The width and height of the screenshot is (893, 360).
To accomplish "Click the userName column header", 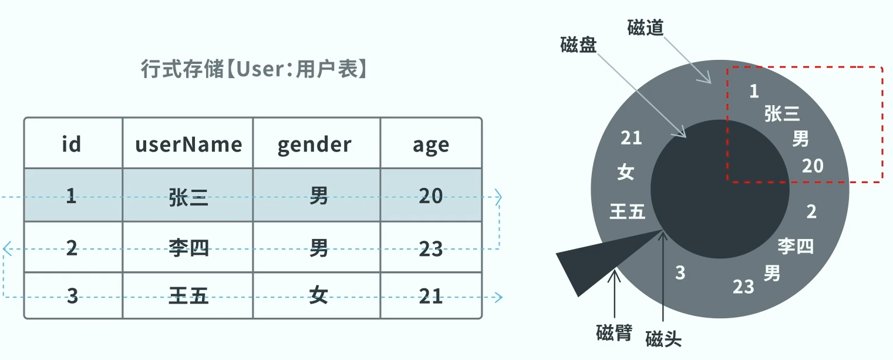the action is click(x=188, y=144).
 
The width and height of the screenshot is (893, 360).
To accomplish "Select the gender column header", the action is click(x=315, y=144).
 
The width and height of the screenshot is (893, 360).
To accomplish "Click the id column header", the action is click(x=71, y=144).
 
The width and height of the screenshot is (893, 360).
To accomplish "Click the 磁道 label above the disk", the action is click(x=645, y=28).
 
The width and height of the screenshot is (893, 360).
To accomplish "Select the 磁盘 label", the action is click(x=578, y=46).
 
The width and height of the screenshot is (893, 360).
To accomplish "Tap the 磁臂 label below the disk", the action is click(x=614, y=334).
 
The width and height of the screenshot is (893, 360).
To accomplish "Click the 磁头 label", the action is click(x=663, y=339).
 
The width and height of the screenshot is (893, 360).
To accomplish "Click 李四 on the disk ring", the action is click(x=796, y=245).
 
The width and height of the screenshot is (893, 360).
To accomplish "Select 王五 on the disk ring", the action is click(x=627, y=211).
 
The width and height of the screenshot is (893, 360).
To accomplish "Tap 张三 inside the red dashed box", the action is click(x=782, y=114).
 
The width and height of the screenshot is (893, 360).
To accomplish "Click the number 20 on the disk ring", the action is click(x=813, y=166).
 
